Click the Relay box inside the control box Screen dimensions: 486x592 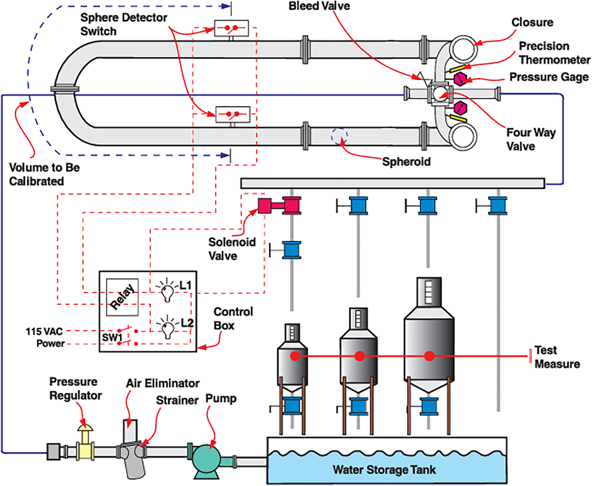pos(122,297)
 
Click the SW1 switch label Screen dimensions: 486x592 pos(112,337)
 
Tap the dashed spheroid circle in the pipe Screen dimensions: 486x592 pos(339,136)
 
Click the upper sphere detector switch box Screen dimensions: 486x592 pos(232,28)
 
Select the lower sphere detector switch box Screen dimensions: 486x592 pos(233,114)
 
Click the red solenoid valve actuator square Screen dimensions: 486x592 pos(265,206)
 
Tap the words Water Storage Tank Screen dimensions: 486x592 pos(384,470)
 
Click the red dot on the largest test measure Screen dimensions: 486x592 pos(429,356)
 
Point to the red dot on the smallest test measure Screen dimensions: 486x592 pos(295,356)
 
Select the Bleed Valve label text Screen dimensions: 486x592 pos(319,6)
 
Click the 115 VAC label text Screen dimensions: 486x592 pos(44,332)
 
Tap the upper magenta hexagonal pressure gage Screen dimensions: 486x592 pos(460,79)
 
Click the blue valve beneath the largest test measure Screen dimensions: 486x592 pos(429,406)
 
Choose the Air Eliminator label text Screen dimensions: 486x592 pos(163,383)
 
